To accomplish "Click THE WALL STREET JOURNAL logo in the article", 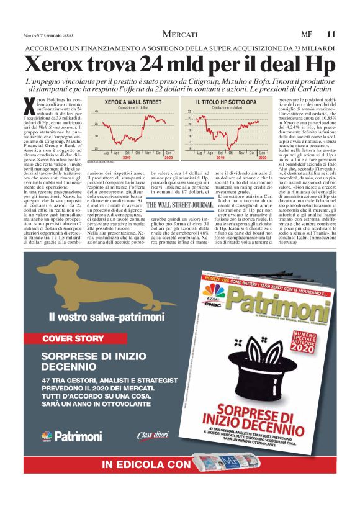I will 180,204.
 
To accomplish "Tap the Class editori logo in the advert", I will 153,436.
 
